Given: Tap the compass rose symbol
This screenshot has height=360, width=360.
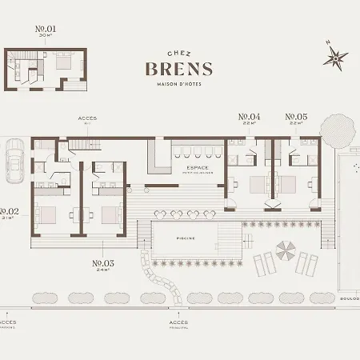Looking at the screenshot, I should pyautogui.click(x=336, y=56).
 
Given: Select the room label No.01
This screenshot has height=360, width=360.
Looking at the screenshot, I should pyautogui.click(x=46, y=30).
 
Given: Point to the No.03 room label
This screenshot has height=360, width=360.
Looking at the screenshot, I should pyautogui.click(x=103, y=263).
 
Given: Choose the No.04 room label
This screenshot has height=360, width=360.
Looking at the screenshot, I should pyautogui.click(x=250, y=117).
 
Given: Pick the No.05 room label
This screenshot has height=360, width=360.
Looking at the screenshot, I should pyautogui.click(x=297, y=117).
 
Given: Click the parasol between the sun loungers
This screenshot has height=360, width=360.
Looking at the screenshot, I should pyautogui.click(x=285, y=251).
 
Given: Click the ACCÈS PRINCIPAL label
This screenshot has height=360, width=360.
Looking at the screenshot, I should pyautogui.click(x=179, y=324).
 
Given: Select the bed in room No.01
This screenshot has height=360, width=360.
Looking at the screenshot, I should pyautogui.click(x=66, y=63).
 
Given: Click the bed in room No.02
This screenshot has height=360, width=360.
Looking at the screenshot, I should pyautogui.click(x=46, y=214).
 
